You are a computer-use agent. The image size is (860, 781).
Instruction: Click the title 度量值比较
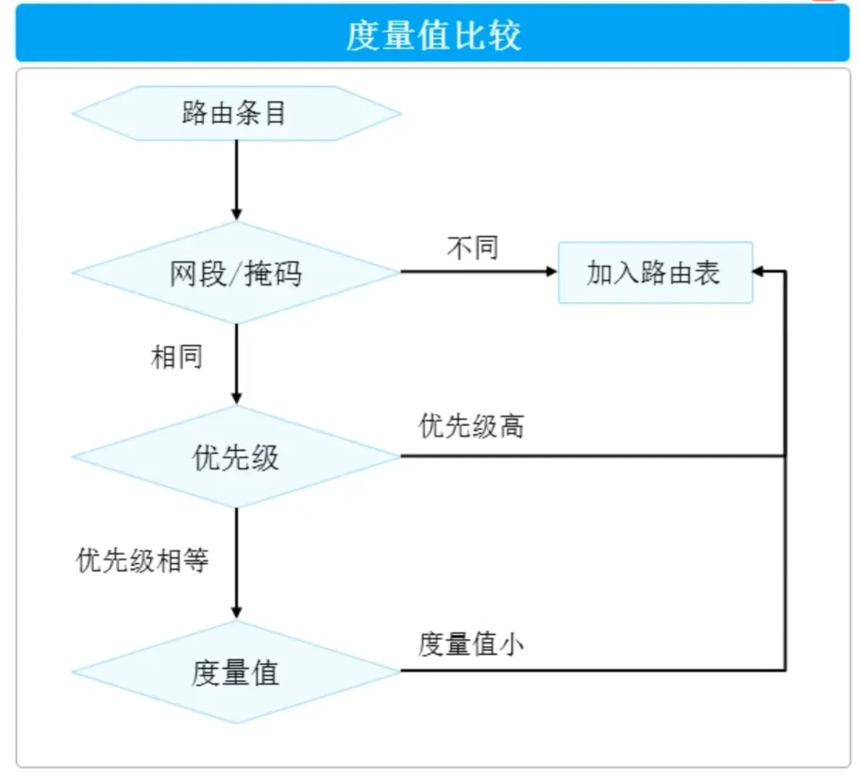point(432,35)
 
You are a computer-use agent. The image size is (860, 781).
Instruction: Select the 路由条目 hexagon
point(236,113)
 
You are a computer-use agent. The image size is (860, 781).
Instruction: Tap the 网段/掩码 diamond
point(236,273)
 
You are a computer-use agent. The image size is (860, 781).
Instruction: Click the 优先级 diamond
point(236,457)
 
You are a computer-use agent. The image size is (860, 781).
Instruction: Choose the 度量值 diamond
point(236,672)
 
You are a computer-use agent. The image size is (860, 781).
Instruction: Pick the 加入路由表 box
point(655,273)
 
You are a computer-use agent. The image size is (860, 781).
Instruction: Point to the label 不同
point(473,248)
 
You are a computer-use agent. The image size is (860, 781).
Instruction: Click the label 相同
point(177,357)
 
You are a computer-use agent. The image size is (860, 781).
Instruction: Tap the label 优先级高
point(471,426)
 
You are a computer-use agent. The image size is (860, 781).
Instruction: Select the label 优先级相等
point(142,560)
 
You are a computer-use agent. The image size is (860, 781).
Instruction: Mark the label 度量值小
point(471,644)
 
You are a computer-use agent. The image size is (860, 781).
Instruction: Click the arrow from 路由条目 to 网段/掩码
point(236,177)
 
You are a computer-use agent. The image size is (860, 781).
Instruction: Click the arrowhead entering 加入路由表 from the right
point(758,272)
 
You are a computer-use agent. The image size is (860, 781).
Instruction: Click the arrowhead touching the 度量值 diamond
point(236,613)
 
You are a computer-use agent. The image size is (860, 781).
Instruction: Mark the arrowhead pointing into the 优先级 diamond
point(236,398)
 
